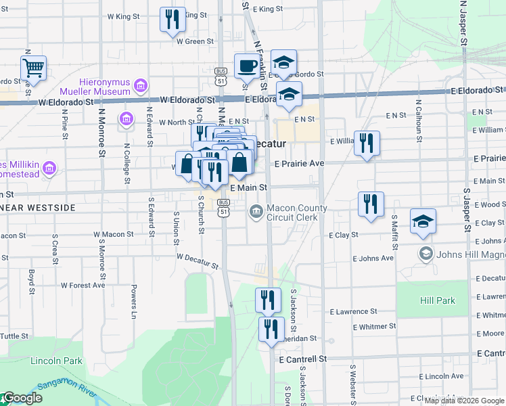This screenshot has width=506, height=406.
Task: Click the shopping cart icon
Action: tap(33, 67)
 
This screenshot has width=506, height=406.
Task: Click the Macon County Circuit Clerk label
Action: tap(296, 212)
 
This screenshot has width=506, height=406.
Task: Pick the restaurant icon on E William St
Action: tap(367, 143)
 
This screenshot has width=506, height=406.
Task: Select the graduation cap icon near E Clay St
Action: tap(423, 221)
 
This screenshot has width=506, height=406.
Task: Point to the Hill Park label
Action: tap(438, 300)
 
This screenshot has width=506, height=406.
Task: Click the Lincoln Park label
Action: tap(56, 361)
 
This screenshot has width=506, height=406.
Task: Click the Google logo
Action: tap(22, 399)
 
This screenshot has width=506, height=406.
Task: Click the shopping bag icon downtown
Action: tap(239, 162)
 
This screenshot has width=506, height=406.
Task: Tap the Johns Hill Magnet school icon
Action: tap(425, 254)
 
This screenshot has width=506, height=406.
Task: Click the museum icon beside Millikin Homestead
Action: tap(49, 167)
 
